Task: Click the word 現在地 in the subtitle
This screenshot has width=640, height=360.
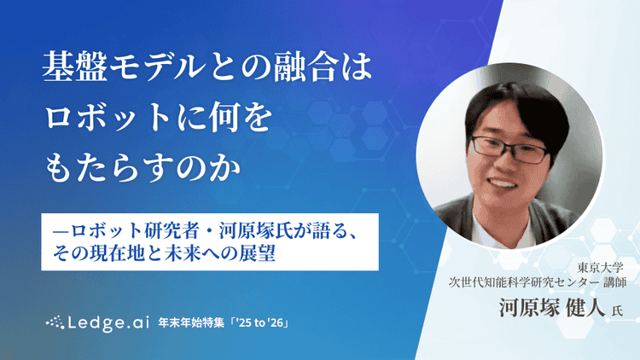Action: coord(133,253)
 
